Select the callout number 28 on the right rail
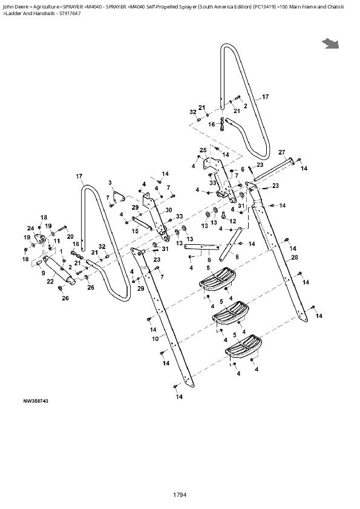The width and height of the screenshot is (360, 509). point(295,258)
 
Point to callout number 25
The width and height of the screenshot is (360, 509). point(203,150)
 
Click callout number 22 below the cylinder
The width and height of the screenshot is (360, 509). point(49,280)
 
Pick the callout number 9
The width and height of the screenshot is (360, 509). point(42,272)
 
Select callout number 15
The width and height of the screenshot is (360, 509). point(136,231)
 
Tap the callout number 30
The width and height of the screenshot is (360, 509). point(169,210)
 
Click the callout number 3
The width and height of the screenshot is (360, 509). point(110,182)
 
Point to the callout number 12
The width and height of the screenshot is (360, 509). point(233,221)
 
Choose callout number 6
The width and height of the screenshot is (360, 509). point(243,169)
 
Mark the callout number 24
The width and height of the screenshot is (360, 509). point(30,228)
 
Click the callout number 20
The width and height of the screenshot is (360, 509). point(70,236)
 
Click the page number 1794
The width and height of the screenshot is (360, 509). point(179,495)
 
